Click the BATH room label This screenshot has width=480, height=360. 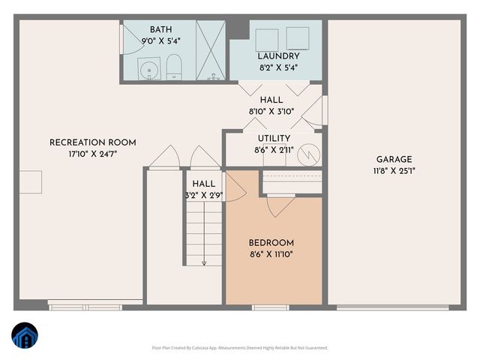point(160,28)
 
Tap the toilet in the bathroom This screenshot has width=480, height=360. point(173,65)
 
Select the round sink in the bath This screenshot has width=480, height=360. point(150,72)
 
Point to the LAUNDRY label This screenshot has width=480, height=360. point(278,56)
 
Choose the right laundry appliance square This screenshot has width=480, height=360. point(297,37)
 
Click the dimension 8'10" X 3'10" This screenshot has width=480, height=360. point(271,111)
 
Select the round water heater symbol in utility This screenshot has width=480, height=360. point(308,154)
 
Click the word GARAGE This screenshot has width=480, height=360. point(394,159)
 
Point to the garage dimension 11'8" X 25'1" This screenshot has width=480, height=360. point(394,170)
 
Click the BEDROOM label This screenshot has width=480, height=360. point(271,243)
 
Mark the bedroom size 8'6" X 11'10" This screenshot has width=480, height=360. point(271,254)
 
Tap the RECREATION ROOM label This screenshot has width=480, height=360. point(93,142)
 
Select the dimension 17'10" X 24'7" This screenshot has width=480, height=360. point(93,154)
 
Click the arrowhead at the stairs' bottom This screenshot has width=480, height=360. point(204,262)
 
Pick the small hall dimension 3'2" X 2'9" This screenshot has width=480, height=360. point(204,195)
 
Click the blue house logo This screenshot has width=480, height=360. point(25,336)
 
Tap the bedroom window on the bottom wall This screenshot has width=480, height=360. point(270,307)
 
